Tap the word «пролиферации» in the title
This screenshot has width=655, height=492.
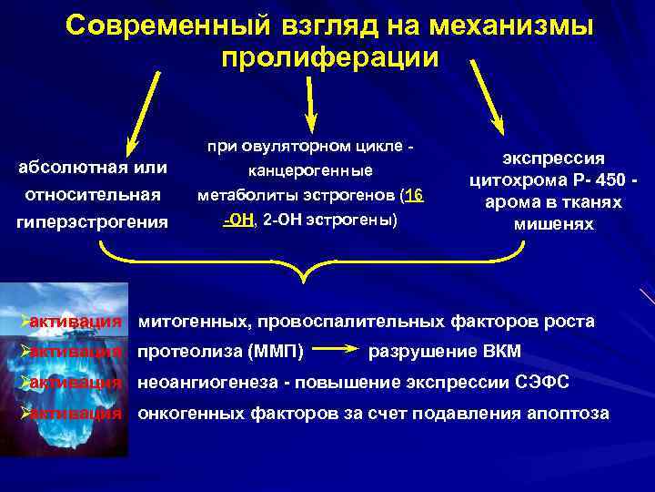(329, 57)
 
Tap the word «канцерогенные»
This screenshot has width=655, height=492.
(310, 170)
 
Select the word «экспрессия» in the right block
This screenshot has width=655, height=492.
(554, 158)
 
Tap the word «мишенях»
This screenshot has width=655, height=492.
(554, 224)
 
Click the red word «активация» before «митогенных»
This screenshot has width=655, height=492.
(76, 321)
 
